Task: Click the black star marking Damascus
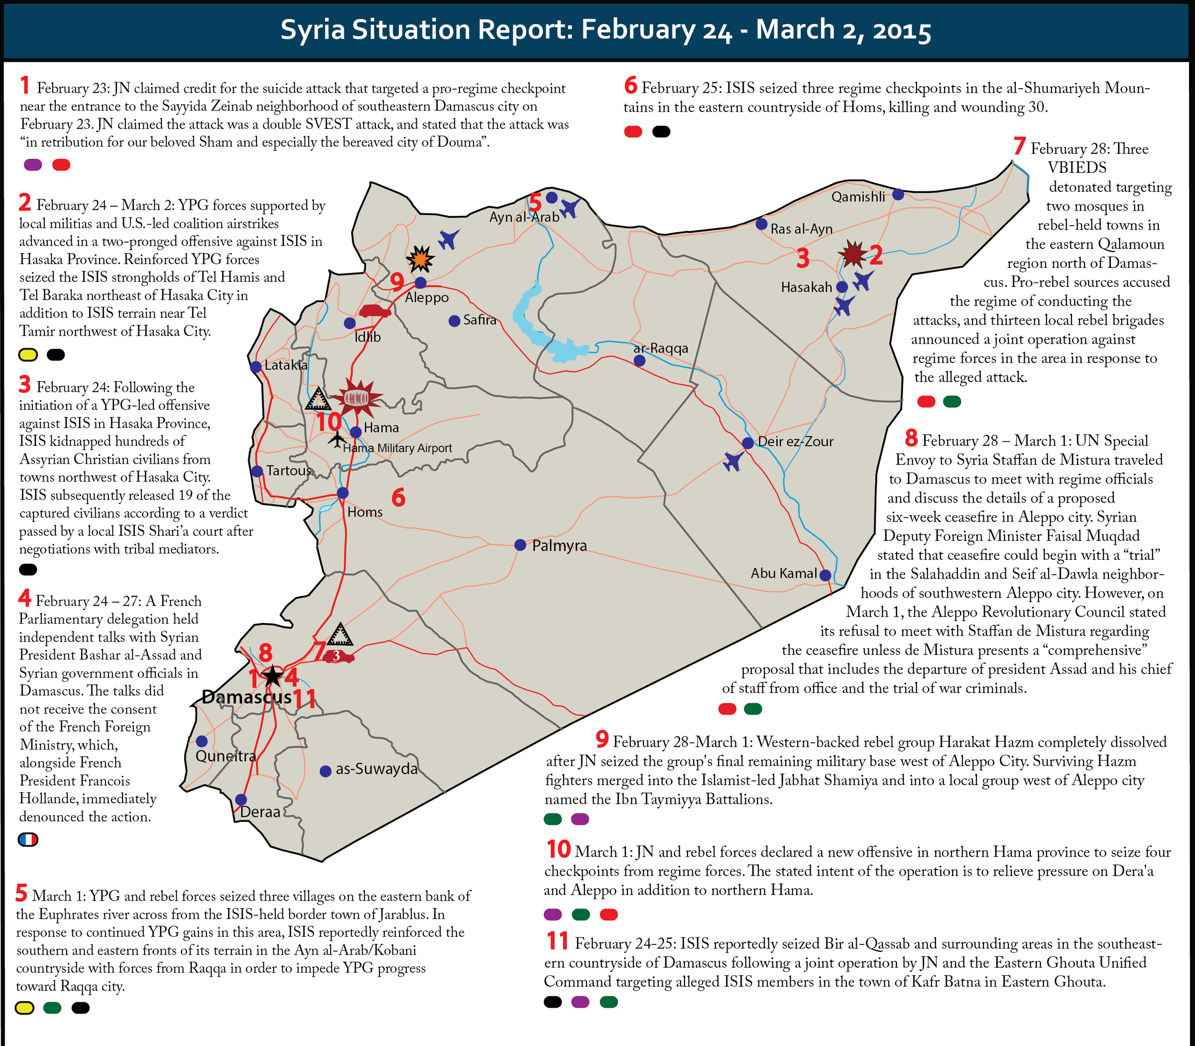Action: click(272, 676)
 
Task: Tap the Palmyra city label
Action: click(559, 546)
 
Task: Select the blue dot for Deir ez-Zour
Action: click(748, 443)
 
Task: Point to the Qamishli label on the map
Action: click(858, 197)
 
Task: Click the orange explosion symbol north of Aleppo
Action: click(420, 259)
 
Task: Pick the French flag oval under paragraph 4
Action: click(28, 839)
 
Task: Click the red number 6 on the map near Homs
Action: click(398, 498)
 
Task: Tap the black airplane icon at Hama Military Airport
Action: click(336, 439)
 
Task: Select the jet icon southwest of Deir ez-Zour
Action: click(733, 461)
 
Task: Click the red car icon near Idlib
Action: click(374, 311)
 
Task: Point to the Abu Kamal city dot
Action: click(825, 575)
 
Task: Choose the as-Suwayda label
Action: click(376, 769)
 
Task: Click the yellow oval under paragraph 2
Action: click(28, 354)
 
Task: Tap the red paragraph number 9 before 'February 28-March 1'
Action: click(602, 740)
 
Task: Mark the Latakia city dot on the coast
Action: click(255, 367)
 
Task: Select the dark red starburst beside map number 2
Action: click(853, 254)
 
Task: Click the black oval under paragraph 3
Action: click(28, 569)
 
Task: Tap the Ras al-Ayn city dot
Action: click(761, 224)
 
